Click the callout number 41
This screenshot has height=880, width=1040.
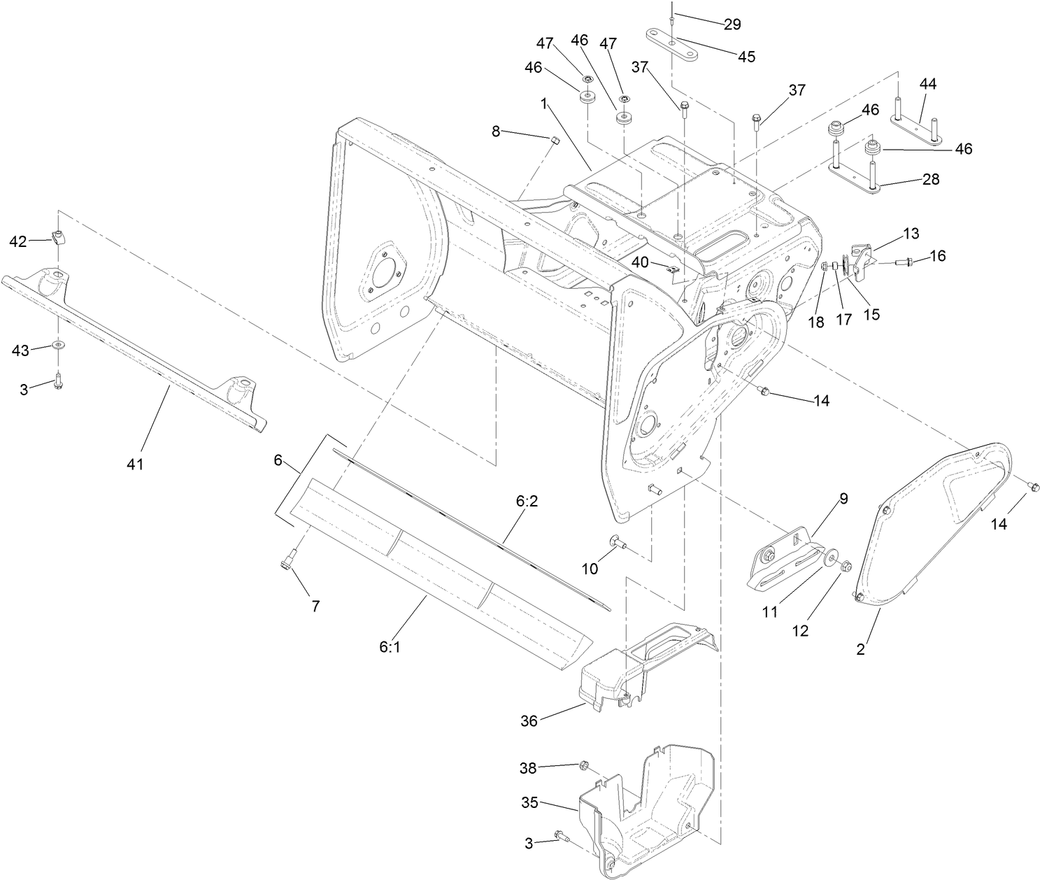click(135, 463)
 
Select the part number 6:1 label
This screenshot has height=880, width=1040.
click(390, 648)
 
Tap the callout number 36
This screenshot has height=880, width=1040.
click(529, 721)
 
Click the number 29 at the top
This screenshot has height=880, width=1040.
click(732, 24)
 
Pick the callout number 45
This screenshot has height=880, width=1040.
click(746, 57)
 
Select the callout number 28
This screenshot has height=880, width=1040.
click(931, 180)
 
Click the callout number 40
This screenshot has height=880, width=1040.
click(641, 262)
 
